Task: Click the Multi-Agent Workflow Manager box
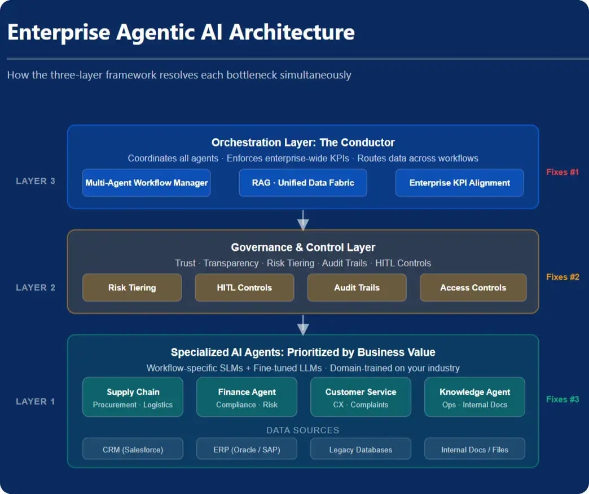[147, 183]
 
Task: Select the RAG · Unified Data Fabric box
[303, 183]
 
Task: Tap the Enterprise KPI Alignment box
[459, 183]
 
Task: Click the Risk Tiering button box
[132, 288]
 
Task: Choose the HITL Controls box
[244, 288]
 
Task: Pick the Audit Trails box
[357, 288]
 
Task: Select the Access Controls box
[473, 288]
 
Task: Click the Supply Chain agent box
[133, 398]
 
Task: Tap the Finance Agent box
[247, 398]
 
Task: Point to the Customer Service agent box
[361, 398]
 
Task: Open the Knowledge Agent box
[474, 398]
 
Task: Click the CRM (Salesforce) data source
[133, 449]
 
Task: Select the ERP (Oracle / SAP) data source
[247, 449]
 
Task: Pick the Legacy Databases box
[361, 449]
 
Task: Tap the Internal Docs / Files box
[474, 449]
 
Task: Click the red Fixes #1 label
[562, 172]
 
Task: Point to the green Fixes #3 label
[562, 399]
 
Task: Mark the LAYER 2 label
[36, 288]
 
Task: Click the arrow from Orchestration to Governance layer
[303, 220]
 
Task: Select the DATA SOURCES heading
[303, 430]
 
